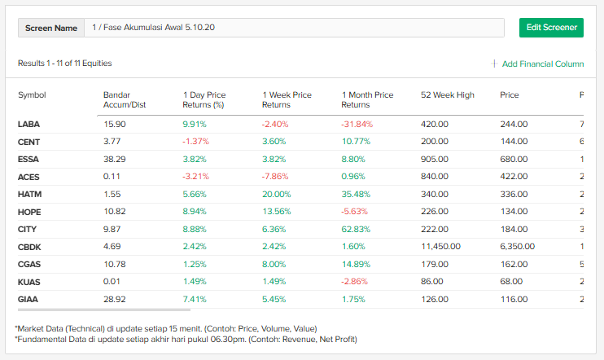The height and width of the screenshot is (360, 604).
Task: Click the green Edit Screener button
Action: click(x=551, y=27)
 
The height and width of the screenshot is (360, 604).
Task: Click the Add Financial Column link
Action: click(x=542, y=64)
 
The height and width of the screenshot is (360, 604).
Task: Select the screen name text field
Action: click(x=293, y=28)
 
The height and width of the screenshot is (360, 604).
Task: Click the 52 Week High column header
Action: click(x=447, y=95)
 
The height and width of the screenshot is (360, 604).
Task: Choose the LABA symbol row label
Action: click(x=28, y=125)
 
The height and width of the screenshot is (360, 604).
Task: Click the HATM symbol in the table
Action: click(x=29, y=195)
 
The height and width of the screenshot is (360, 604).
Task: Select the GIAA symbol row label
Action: click(x=28, y=300)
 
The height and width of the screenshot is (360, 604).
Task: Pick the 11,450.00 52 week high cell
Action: click(x=440, y=247)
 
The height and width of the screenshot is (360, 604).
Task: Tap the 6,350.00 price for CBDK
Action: click(x=517, y=247)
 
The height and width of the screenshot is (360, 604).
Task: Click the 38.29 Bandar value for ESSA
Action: click(x=115, y=160)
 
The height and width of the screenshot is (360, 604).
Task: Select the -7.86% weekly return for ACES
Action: click(x=276, y=177)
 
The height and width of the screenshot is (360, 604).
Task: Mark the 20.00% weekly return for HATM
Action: click(x=276, y=195)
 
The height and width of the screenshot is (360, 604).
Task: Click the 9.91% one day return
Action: click(x=195, y=125)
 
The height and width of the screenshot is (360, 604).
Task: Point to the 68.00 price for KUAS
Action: click(x=511, y=282)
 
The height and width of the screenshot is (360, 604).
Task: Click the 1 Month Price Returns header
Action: click(x=367, y=99)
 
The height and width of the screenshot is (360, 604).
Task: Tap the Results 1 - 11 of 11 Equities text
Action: click(x=65, y=64)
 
